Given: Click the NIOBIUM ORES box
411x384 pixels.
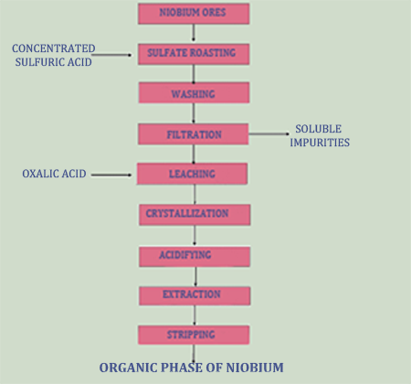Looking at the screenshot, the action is tap(194, 14).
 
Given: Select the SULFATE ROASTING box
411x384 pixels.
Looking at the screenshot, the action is tap(194, 54).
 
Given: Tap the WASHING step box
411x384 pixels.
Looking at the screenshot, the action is tap(194, 92).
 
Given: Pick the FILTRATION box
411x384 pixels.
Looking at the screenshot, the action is tap(194, 134).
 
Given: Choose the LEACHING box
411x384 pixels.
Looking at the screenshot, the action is tap(192, 174).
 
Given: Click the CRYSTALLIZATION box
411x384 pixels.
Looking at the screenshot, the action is tap(195, 215).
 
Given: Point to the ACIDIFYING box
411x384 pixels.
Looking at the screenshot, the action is tap(195, 257).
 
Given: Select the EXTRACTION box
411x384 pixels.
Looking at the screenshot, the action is tap(195, 295).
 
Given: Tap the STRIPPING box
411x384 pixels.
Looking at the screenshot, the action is tap(194, 335).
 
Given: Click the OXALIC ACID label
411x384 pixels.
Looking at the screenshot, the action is tap(54, 174).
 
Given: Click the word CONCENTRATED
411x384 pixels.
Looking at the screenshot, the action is tap(54, 48).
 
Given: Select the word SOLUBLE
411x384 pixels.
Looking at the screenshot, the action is tap(319, 129).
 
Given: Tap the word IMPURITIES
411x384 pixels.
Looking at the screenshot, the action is tap(320, 143).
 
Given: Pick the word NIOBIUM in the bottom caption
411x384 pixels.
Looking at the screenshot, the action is tap(255, 368).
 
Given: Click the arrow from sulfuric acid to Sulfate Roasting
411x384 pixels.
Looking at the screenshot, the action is tap(111, 55).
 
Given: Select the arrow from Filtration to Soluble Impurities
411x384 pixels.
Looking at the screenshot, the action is tap(269, 133).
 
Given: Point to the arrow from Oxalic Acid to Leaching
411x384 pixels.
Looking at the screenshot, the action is tap(111, 175).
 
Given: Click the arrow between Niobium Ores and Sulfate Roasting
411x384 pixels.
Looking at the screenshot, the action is tap(194, 33).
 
